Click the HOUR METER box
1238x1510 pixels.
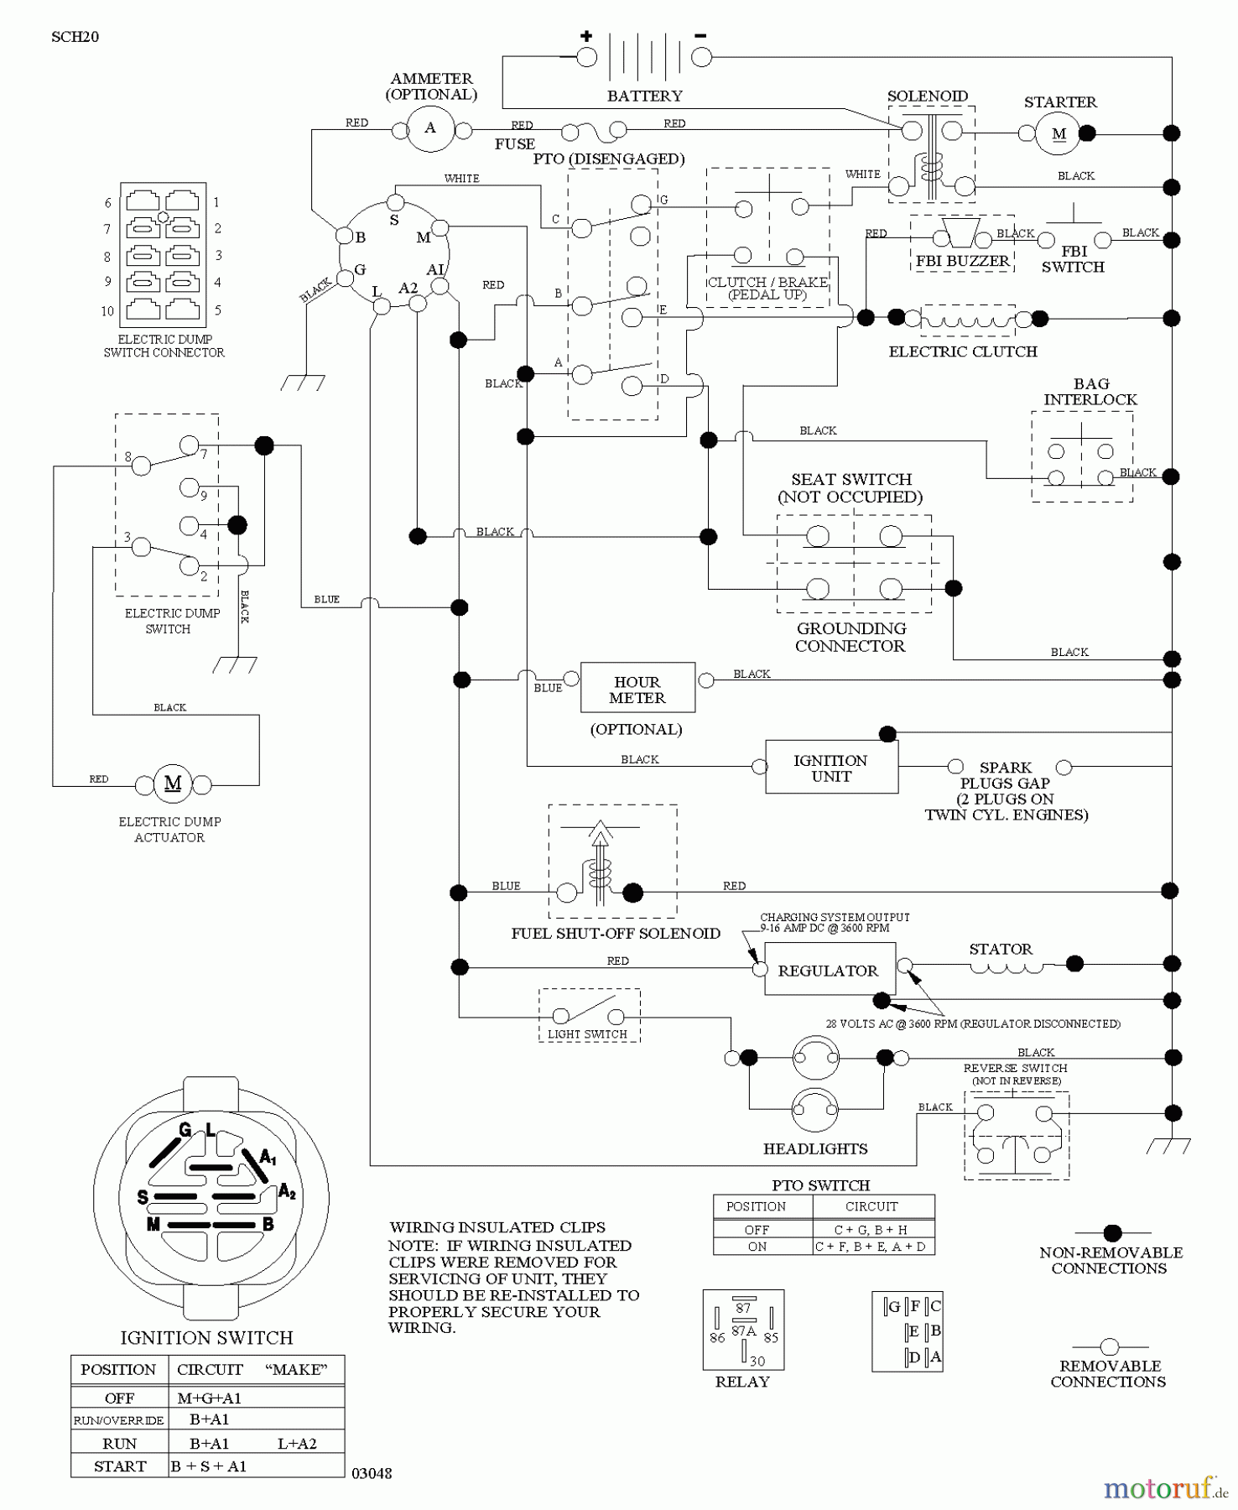click(637, 689)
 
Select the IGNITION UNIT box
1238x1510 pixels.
click(830, 768)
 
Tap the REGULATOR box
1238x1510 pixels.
click(828, 971)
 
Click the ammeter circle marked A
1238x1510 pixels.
click(430, 128)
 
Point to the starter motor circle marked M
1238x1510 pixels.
click(1059, 133)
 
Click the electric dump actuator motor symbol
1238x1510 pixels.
click(173, 784)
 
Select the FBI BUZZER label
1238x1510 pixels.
click(962, 261)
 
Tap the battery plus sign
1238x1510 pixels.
click(586, 36)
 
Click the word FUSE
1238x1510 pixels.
click(514, 144)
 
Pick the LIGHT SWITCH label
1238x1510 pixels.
click(587, 1034)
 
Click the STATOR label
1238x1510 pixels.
click(1001, 949)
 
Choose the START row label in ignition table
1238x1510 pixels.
click(120, 1466)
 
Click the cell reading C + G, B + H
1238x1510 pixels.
click(871, 1230)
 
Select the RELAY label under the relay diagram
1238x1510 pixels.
click(742, 1382)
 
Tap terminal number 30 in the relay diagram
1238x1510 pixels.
click(757, 1361)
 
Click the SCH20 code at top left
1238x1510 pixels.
click(75, 37)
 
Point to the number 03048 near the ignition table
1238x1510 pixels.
click(372, 1473)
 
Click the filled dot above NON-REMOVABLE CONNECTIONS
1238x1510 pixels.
click(1112, 1232)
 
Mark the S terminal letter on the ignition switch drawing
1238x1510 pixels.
click(143, 1197)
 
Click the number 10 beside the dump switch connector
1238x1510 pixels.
click(107, 311)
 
